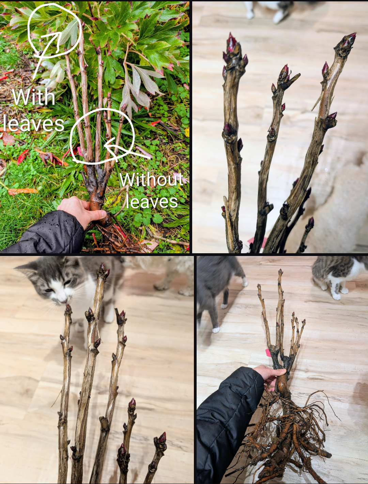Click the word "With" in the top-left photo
tap(34, 97)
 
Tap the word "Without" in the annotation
tap(152, 180)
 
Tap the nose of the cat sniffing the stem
tap(64, 301)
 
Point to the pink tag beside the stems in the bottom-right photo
tap(268, 353)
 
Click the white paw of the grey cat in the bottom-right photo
tap(216, 330)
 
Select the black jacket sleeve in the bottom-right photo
tap(227, 419)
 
